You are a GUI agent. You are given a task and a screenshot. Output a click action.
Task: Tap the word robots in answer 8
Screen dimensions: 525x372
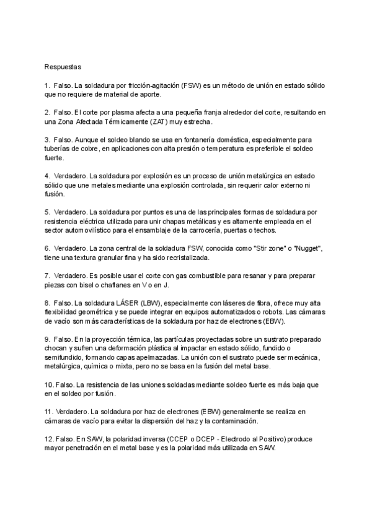(x=265, y=313)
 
